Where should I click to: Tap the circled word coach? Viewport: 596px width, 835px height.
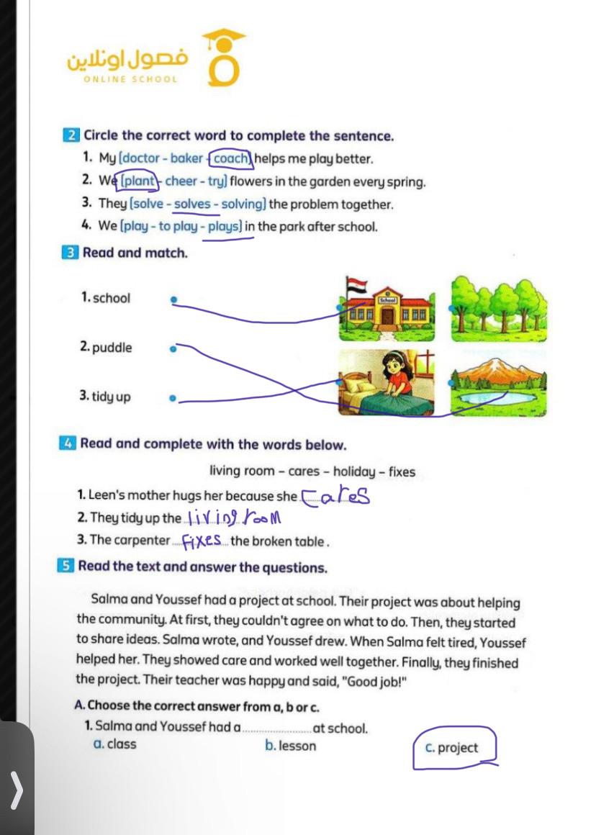(230, 158)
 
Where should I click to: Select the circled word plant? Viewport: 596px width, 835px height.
(139, 181)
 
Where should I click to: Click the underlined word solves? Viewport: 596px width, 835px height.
(192, 204)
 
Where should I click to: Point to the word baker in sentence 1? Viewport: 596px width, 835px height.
(186, 158)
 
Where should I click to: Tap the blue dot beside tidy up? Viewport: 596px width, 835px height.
(172, 397)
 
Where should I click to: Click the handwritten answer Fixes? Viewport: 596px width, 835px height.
(202, 540)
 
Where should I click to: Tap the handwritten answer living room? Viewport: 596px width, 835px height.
(232, 517)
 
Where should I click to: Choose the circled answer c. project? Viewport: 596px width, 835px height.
(451, 748)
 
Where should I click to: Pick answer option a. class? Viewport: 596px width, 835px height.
(115, 744)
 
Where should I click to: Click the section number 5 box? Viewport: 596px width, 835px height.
(66, 566)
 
